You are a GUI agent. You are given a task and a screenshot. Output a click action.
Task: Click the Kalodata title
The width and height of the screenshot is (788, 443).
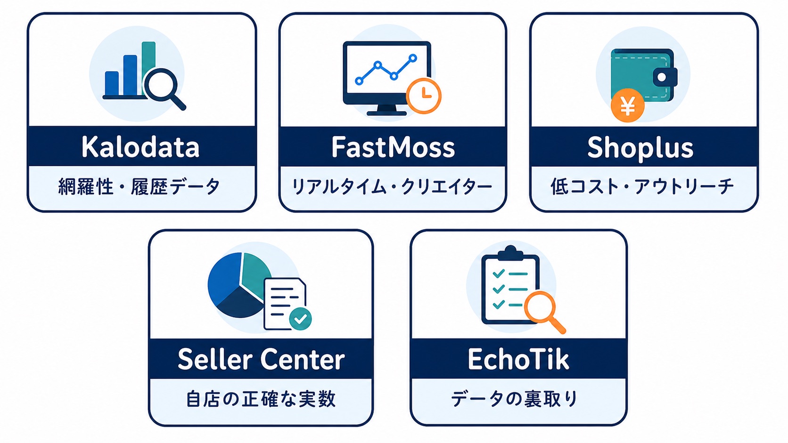[x=141, y=147]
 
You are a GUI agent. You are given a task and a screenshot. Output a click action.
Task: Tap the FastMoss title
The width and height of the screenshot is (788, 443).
[x=393, y=147]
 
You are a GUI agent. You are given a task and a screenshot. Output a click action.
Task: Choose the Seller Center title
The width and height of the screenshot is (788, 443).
[x=261, y=359]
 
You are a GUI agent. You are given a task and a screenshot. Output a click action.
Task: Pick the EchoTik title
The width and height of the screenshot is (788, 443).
[x=518, y=359]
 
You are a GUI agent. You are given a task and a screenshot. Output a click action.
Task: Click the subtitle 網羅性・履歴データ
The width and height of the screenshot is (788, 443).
[x=139, y=186]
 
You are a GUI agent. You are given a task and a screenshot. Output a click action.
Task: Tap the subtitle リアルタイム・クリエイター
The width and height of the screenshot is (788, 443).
[x=392, y=186]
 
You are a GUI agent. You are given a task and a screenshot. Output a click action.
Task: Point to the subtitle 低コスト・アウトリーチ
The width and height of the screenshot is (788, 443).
[x=642, y=186]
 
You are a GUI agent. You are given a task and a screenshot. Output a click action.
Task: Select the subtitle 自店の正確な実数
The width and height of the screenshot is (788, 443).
[x=261, y=399]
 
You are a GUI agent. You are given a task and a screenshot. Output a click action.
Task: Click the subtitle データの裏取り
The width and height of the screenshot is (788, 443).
[x=514, y=399]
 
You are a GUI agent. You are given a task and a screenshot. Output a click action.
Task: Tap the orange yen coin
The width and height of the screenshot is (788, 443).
[x=628, y=105]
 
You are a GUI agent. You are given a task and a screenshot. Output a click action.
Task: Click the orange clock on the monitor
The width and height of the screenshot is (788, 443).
[x=424, y=96]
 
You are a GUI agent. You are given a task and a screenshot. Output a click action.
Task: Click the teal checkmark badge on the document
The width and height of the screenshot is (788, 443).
[x=300, y=319]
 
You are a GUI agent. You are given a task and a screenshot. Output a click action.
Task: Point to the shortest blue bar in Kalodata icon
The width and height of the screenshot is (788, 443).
[x=112, y=83]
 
